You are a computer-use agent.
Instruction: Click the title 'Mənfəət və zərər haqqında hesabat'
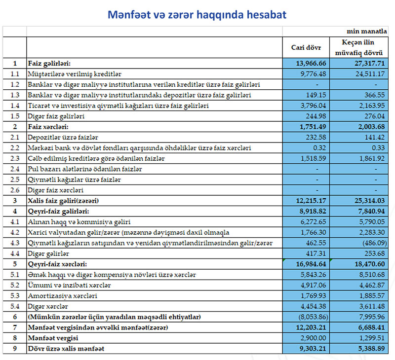pos(197,15)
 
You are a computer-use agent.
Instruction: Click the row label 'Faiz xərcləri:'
pos(49,126)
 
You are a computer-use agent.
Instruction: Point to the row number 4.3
pos(15,243)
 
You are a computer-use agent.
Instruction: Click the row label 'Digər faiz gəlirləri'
pos(57,116)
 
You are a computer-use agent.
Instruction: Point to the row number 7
pos(15,327)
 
